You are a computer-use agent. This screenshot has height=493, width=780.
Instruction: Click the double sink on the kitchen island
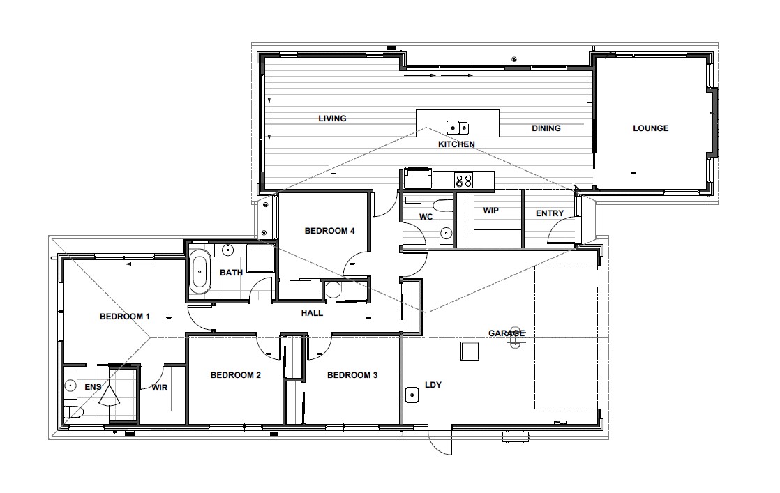458,128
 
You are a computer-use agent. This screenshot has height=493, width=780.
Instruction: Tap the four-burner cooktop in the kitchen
463,180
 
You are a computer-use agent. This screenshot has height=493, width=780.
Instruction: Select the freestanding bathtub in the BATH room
200,273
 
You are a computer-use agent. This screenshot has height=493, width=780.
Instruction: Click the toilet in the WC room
440,204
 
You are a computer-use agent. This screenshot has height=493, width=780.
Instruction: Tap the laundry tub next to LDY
412,396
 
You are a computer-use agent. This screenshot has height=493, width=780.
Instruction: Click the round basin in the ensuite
70,385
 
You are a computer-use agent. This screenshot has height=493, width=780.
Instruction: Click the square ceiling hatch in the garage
470,351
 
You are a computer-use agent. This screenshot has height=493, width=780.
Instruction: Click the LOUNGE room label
650,128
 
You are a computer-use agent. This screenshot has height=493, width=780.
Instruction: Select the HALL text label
312,313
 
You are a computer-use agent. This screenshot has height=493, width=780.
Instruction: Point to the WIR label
160,388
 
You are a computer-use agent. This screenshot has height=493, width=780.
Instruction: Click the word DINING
546,128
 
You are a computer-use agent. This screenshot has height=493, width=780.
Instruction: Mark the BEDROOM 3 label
352,375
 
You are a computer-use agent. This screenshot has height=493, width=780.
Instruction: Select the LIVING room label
332,119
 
